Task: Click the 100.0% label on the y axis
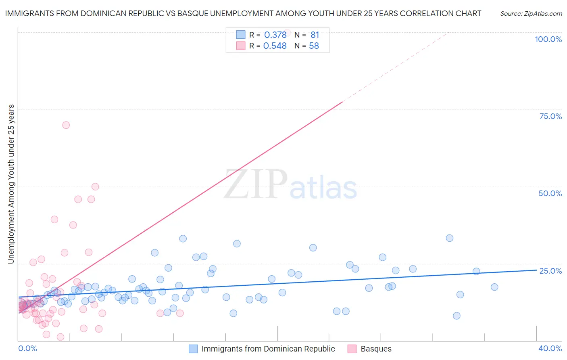pyautogui.click(x=548, y=39)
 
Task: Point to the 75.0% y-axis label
pyautogui.click(x=550, y=116)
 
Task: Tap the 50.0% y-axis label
pyautogui.click(x=550, y=193)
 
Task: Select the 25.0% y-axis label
pyautogui.click(x=550, y=271)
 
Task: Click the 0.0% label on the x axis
pyautogui.click(x=27, y=348)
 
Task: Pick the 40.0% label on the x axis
pyautogui.click(x=550, y=348)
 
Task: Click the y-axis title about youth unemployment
pyautogui.click(x=11, y=184)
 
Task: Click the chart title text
pyautogui.click(x=243, y=13)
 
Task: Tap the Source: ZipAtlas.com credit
pyautogui.click(x=531, y=14)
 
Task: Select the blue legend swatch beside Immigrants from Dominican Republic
pyautogui.click(x=193, y=349)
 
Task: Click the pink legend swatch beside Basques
pyautogui.click(x=352, y=349)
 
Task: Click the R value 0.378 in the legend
pyautogui.click(x=275, y=35)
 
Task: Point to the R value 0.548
pyautogui.click(x=275, y=46)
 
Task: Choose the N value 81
pyautogui.click(x=315, y=35)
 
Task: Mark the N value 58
pyautogui.click(x=314, y=46)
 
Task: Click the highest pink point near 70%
pyautogui.click(x=66, y=125)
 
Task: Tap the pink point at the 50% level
pyautogui.click(x=95, y=186)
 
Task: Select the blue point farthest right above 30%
pyautogui.click(x=450, y=238)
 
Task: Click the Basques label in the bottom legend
pyautogui.click(x=376, y=349)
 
